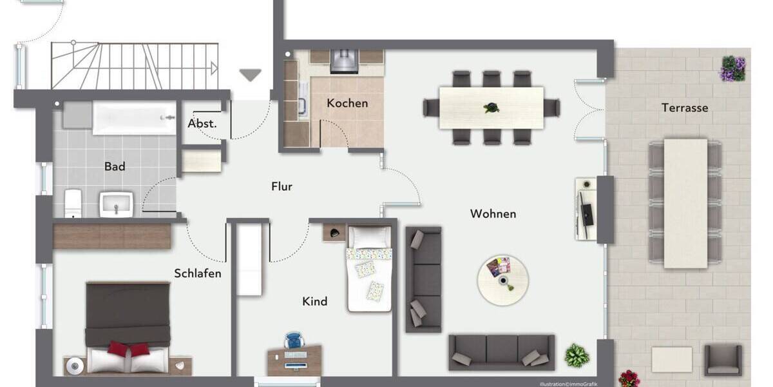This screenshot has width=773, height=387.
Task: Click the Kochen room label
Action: point(347,103)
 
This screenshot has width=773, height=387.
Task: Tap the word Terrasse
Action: point(684,108)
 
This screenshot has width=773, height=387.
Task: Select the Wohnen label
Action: point(493,213)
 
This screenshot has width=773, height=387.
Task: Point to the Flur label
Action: point(282,186)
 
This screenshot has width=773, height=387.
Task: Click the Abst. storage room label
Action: point(202,124)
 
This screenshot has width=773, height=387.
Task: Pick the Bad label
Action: point(115,166)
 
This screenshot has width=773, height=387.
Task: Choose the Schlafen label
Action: point(198,273)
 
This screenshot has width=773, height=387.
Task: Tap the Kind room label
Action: point(315,301)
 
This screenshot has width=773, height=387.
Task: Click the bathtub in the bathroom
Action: point(134,118)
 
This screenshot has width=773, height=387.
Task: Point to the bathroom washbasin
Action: point(116,204)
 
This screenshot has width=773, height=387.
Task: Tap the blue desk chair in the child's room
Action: point(294,340)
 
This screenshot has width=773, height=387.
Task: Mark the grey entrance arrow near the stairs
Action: point(251,75)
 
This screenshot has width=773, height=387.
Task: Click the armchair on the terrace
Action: point(722,359)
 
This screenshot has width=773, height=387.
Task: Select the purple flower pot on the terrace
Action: point(733,68)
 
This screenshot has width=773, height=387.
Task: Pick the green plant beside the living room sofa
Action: point(577,355)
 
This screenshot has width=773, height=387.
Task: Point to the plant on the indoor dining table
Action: point(491,108)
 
